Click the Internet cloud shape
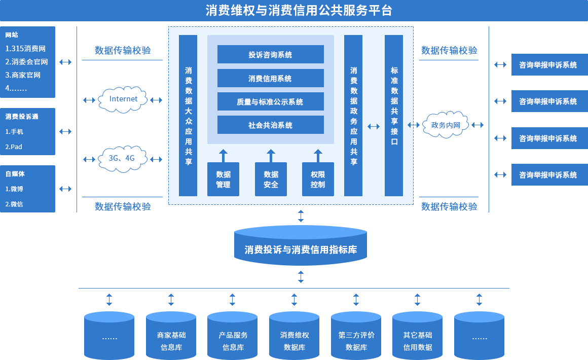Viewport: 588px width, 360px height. point(122,99)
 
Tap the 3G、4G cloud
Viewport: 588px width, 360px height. point(122,159)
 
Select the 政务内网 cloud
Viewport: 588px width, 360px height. point(446,125)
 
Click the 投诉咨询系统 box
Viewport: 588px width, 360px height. point(270,54)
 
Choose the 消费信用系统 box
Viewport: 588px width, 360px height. point(270,78)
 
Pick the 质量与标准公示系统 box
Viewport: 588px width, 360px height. point(270,101)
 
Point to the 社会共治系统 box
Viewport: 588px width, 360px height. point(270,125)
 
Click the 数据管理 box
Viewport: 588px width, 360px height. point(223,179)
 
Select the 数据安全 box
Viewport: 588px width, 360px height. point(271,179)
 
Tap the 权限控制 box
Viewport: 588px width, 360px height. point(318,179)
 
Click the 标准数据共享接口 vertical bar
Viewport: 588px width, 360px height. point(394,116)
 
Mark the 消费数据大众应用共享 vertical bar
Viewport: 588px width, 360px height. point(188,116)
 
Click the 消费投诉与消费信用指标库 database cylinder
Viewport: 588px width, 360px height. point(301,245)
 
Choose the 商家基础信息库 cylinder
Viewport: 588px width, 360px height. point(171,336)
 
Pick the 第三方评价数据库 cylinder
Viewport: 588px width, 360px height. point(356,336)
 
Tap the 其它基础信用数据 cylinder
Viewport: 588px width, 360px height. point(417,336)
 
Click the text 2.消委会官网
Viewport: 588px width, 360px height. point(27,62)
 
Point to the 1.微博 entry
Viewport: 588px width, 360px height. point(14,189)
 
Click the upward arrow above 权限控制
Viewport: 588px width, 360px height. point(318,156)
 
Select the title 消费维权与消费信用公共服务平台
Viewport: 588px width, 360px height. point(299,11)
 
